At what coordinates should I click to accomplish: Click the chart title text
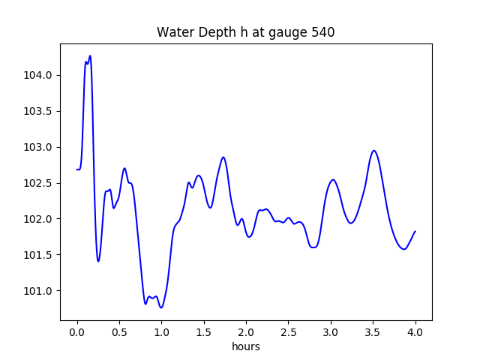click(245, 32)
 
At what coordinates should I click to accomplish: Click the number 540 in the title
click(322, 32)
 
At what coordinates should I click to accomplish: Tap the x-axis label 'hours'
click(246, 347)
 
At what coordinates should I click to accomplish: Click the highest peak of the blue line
click(90, 55)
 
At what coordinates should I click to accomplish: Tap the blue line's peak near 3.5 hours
click(374, 151)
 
